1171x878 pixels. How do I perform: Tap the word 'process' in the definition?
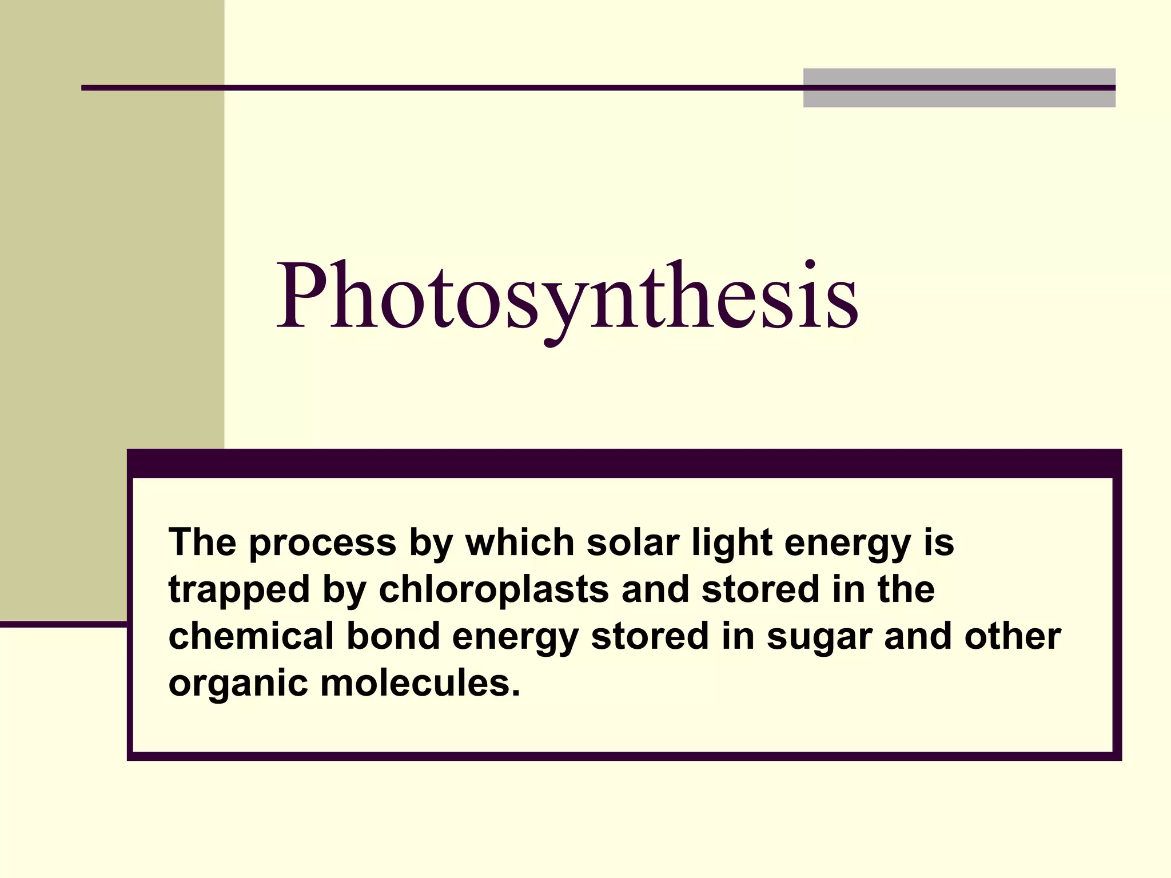[x=322, y=543]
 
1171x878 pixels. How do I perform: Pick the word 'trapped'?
[x=239, y=590]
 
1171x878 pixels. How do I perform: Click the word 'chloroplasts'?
[x=493, y=590]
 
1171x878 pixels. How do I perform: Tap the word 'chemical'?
[x=251, y=636]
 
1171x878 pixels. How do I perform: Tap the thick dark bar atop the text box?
[x=624, y=464]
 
